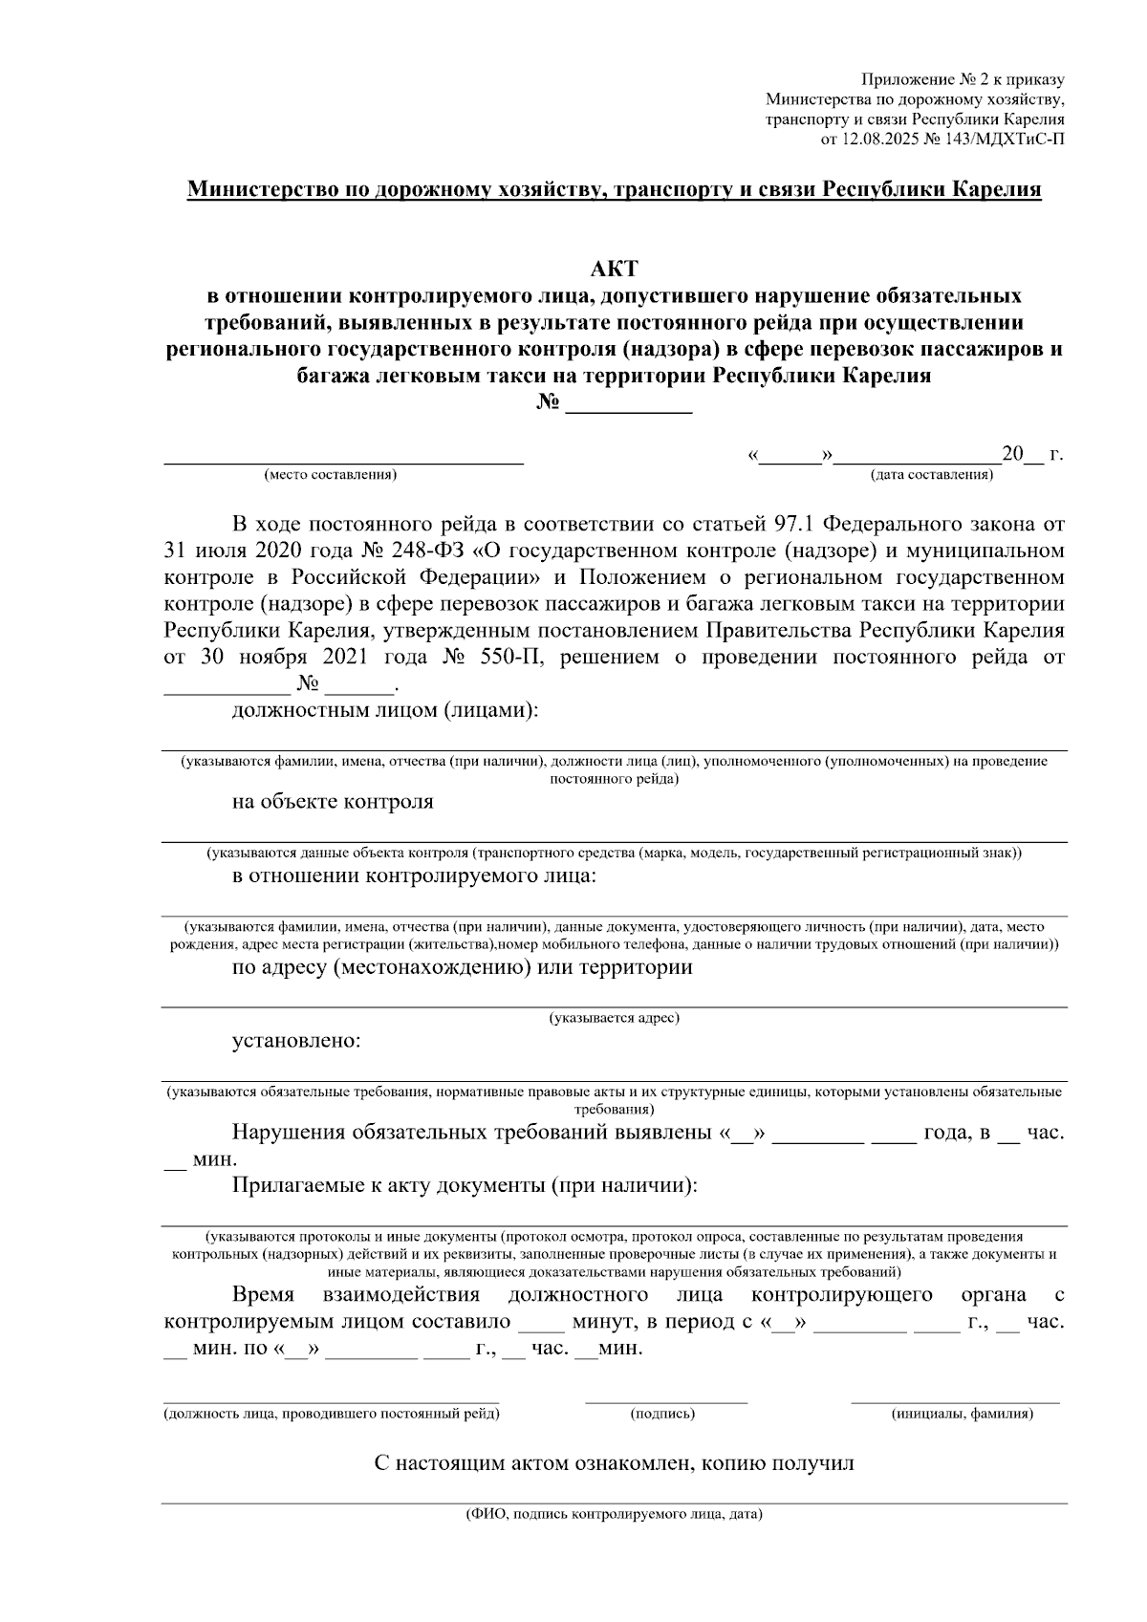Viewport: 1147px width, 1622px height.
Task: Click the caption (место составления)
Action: click(x=331, y=475)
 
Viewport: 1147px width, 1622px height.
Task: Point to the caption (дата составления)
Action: click(x=930, y=475)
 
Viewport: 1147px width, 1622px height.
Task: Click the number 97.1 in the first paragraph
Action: click(x=793, y=524)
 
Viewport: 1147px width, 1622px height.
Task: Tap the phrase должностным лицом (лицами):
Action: click(x=384, y=711)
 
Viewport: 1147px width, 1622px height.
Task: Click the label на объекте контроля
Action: click(x=333, y=802)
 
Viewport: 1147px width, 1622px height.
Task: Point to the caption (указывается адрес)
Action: click(x=614, y=1019)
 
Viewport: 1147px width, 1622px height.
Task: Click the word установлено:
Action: click(x=296, y=1041)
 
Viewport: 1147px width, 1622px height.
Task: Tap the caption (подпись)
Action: click(x=662, y=1414)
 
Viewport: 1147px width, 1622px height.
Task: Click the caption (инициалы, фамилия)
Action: click(x=962, y=1414)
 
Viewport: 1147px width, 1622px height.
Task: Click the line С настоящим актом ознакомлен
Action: click(x=614, y=1463)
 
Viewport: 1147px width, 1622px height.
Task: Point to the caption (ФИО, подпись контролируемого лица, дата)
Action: click(x=614, y=1515)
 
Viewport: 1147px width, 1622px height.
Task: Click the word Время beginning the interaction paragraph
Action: click(x=263, y=1295)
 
